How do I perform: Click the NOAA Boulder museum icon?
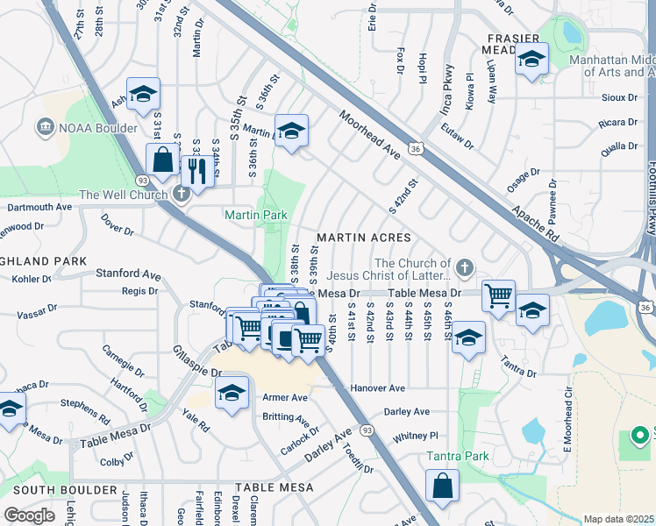[x=44, y=129]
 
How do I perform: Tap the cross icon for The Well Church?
[x=182, y=194]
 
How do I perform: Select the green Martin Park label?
[x=255, y=215]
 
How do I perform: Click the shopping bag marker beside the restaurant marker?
[x=163, y=160]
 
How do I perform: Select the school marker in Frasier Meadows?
[x=531, y=60]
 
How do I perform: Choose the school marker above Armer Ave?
[x=232, y=394]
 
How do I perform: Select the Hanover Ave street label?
[x=377, y=387]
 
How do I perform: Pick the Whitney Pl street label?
[x=415, y=435]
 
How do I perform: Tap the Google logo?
[x=30, y=515]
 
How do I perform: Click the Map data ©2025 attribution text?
[x=619, y=519]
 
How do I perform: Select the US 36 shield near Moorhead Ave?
[x=416, y=150]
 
